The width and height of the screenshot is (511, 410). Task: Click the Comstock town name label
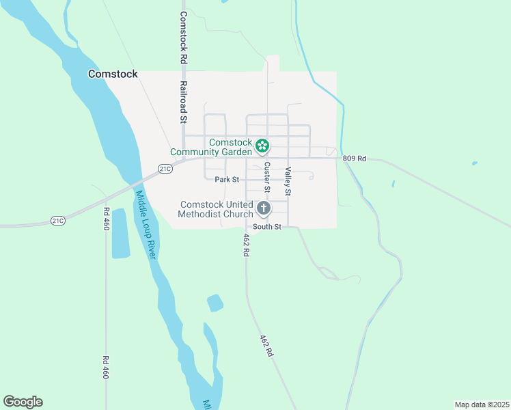click(x=113, y=74)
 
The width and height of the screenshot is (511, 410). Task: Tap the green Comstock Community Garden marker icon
click(x=262, y=146)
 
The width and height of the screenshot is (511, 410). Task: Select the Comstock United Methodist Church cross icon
click(x=263, y=208)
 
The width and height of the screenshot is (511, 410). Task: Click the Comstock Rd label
click(x=184, y=37)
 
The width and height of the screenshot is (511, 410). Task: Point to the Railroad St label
click(x=184, y=102)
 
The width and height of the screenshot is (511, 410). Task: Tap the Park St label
click(x=227, y=180)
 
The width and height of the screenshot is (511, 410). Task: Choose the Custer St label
click(x=267, y=177)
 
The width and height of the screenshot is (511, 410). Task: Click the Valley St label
click(x=288, y=181)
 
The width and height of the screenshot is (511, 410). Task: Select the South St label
click(x=267, y=226)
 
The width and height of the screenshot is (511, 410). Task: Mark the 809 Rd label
click(x=355, y=159)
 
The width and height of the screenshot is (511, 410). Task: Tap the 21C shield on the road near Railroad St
click(x=165, y=168)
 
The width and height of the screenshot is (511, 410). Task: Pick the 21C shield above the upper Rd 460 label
click(x=58, y=220)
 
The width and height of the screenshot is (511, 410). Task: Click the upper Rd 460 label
click(x=106, y=219)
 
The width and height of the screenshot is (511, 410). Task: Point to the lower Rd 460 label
click(x=106, y=367)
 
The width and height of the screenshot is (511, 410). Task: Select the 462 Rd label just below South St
click(x=246, y=245)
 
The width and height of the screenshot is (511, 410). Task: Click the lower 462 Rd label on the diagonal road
click(x=266, y=346)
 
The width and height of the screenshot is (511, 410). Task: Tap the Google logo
click(x=23, y=402)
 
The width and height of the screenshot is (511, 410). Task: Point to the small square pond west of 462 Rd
click(x=215, y=303)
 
